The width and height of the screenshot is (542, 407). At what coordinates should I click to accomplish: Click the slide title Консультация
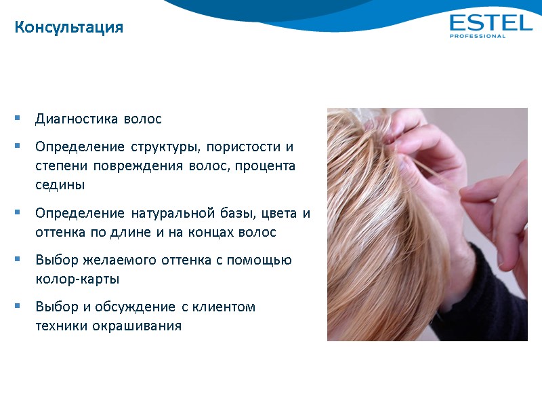[69, 28]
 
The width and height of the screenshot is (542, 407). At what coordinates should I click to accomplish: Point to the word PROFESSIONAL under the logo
[478, 37]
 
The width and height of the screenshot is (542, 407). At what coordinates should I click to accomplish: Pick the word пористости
[244, 147]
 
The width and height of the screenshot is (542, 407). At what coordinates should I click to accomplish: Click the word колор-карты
[70, 279]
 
